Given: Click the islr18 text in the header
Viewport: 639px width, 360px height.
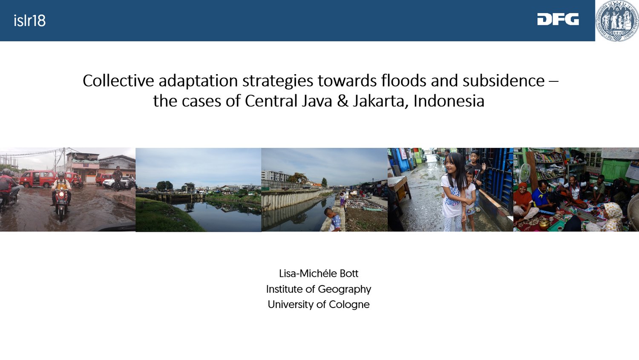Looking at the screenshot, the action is pos(30,21).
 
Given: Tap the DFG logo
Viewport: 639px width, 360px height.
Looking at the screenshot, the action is pos(558,19).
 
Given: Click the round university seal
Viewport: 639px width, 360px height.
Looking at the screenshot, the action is pos(617,20).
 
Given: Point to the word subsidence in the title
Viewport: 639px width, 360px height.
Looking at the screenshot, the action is pos(504,81).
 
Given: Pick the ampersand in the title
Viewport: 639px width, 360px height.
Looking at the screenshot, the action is pos(343,101).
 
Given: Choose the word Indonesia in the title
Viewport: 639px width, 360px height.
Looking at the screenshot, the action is pos(449,101).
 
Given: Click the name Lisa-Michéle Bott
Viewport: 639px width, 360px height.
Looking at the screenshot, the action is pos(319,274).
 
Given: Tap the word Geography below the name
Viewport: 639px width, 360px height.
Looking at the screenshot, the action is pos(345,290).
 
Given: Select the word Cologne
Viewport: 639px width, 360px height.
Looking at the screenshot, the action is pos(349,305).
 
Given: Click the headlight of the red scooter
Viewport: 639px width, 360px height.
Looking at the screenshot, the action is pos(61,195).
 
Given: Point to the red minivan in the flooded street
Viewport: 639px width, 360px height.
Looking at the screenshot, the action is pos(37,179).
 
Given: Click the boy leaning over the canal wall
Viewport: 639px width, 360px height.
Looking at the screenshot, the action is pos(333,219).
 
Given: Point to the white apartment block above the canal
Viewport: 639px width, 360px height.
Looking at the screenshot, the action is pos(275,176).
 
